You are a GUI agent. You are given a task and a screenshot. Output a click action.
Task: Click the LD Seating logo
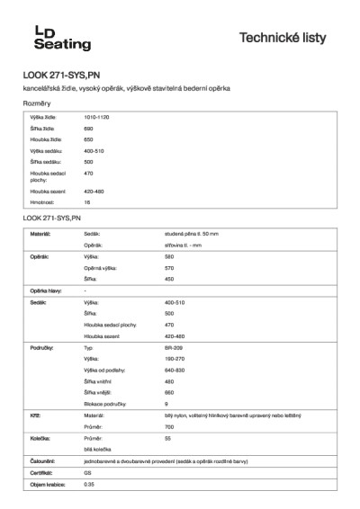coord(62,38)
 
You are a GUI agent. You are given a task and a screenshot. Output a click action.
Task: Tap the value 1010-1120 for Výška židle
coord(96,118)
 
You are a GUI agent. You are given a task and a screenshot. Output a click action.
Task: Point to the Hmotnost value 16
coord(87,202)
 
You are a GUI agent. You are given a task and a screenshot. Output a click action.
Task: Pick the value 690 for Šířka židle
coord(88,129)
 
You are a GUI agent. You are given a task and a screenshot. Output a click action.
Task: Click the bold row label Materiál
coord(40,233)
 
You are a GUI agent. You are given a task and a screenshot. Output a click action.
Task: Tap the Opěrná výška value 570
coord(170,268)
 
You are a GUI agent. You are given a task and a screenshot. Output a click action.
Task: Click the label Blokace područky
coord(108,404)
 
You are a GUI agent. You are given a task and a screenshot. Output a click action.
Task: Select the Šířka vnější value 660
coord(169,392)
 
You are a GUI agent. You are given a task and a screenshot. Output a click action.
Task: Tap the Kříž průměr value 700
coord(169,427)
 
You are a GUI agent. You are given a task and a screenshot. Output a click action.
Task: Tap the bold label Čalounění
coord(43,460)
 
